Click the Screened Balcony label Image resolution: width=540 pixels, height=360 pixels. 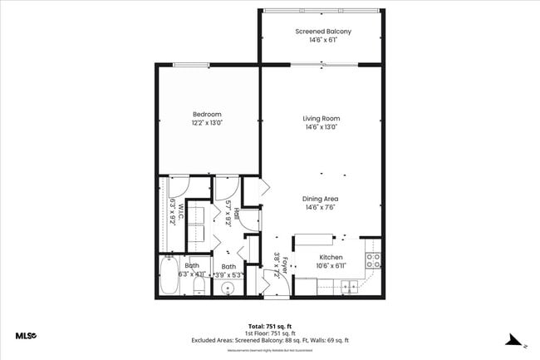pos(323,32)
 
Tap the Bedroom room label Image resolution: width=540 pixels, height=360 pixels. pos(208,114)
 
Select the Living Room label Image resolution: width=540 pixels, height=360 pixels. pos(321,119)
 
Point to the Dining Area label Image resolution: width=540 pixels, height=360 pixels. pos(321,199)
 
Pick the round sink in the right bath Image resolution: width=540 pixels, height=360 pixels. pos(228,288)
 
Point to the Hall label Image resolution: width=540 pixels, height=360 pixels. pos(236,214)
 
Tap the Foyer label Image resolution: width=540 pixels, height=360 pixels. pos(283,265)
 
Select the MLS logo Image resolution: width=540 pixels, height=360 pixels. pos(26,336)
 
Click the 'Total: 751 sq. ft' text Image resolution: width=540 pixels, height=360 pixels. pos(269,325)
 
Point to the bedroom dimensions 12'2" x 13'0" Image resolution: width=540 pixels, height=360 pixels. pos(208,123)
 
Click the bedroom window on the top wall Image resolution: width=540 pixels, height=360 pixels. pos(190,66)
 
